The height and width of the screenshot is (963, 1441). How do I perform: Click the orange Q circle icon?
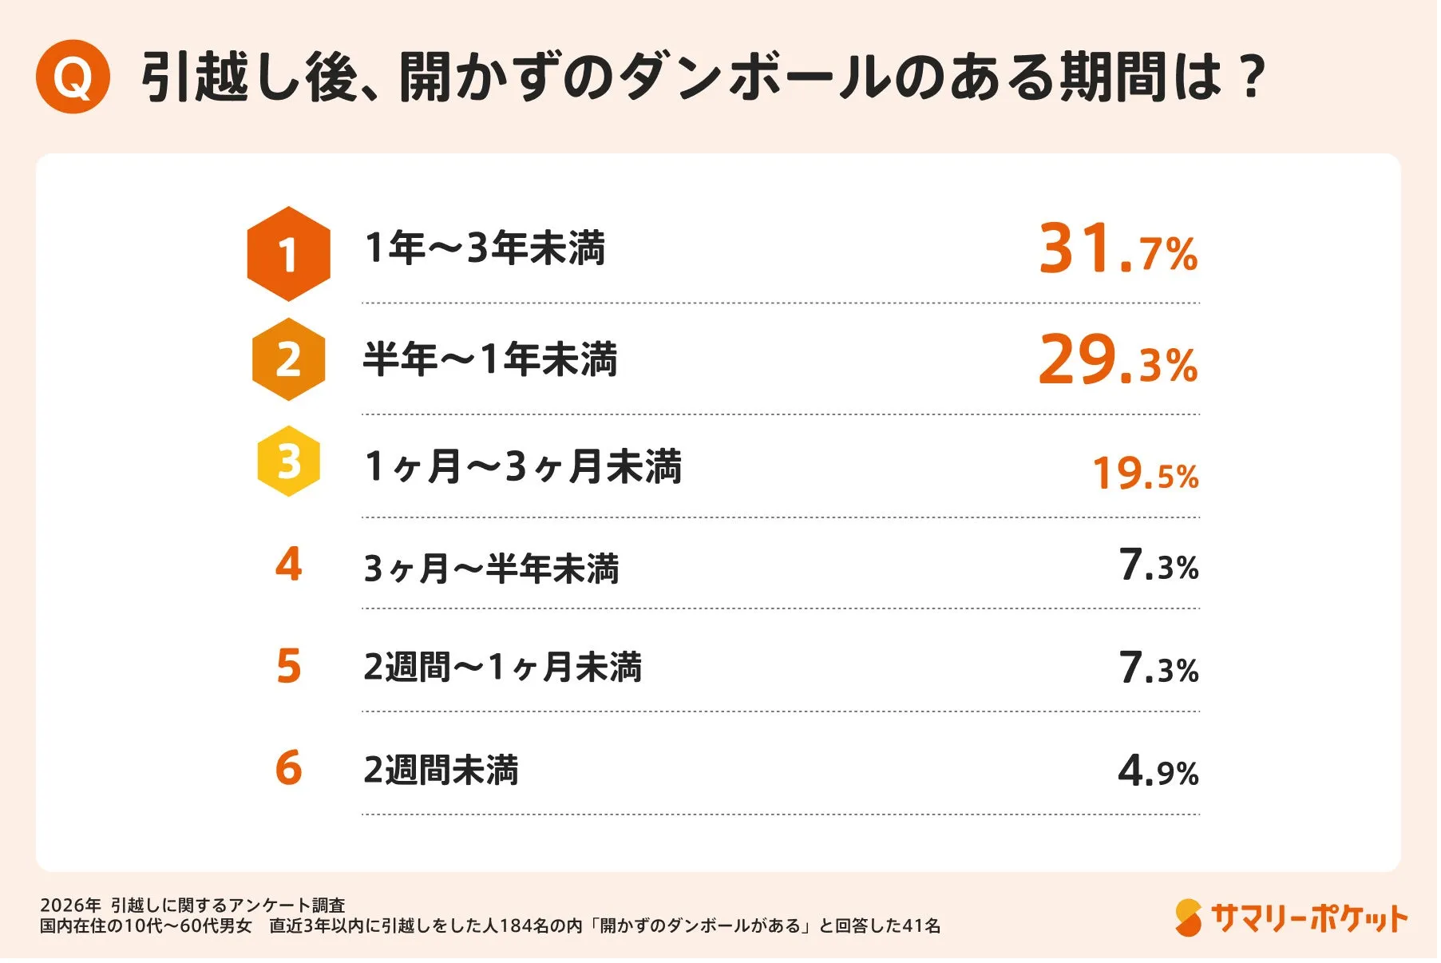coord(73,77)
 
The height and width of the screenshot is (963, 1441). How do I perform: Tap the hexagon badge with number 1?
coord(288,254)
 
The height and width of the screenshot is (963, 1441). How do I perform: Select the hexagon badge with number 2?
coord(288,359)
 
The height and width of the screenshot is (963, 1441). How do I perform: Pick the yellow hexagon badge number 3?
coord(288,462)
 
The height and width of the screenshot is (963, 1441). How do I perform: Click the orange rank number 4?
coord(288,565)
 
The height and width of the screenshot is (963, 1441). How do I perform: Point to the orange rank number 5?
coord(288,667)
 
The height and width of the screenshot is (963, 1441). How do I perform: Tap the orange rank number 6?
coord(288,768)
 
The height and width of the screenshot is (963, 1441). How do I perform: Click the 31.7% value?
coord(1118,249)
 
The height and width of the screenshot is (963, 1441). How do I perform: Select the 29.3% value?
coord(1118,360)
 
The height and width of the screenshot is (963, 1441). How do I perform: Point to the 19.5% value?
coord(1145,473)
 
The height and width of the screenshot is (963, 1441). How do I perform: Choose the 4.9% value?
coord(1158,771)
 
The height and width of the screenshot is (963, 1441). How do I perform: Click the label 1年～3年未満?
coord(485,248)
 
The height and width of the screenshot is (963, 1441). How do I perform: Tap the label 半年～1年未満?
coord(490,359)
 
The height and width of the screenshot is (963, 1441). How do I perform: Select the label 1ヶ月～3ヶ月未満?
coord(523,466)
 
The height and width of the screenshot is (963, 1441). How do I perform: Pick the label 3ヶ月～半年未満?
coord(491,569)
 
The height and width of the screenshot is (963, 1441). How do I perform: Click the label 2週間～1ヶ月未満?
coord(502,668)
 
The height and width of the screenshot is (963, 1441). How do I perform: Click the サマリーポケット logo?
coord(1291,918)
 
